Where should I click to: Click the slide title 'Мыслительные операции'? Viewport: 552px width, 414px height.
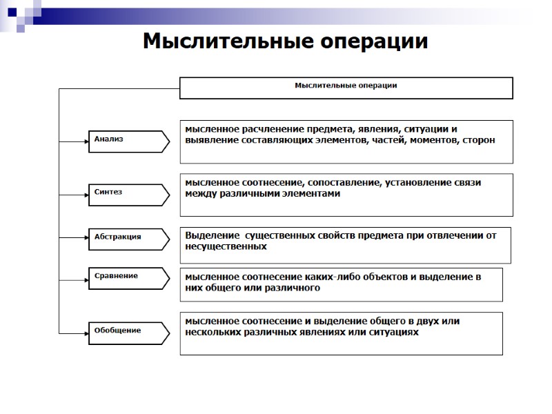pyautogui.click(x=285, y=41)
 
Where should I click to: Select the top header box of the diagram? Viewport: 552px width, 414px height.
pyautogui.click(x=346, y=88)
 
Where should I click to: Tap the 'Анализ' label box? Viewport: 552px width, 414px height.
pyautogui.click(x=128, y=140)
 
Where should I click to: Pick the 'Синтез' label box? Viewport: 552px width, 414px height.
pyautogui.click(x=128, y=193)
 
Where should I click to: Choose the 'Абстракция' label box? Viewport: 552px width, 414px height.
pyautogui.click(x=128, y=238)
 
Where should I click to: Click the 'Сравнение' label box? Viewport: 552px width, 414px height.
pyautogui.click(x=128, y=277)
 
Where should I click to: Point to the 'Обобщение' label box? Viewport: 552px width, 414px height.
pyautogui.click(x=128, y=331)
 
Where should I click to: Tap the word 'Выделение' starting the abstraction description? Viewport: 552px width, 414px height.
pyautogui.click(x=211, y=235)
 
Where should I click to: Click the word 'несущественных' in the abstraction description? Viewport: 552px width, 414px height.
pyautogui.click(x=226, y=246)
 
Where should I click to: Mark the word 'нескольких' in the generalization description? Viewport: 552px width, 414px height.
pyautogui.click(x=215, y=332)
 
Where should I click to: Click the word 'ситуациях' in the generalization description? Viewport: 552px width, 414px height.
pyautogui.click(x=395, y=332)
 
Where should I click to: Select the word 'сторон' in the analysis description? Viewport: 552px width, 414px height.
pyautogui.click(x=476, y=139)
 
